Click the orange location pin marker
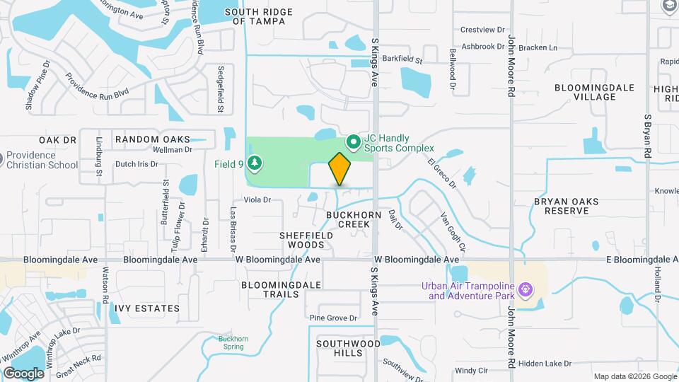pyautogui.click(x=339, y=169)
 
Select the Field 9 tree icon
pyautogui.click(x=255, y=164)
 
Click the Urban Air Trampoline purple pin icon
pyautogui.click(x=525, y=290)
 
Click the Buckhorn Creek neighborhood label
pyautogui.click(x=349, y=219)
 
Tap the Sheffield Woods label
pyautogui.click(x=302, y=240)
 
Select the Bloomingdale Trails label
pyautogui.click(x=282, y=290)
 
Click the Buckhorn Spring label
pyautogui.click(x=233, y=343)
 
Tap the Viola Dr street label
pyautogui.click(x=257, y=199)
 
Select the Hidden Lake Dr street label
pyautogui.click(x=545, y=364)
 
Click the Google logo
pyautogui.click(x=23, y=373)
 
